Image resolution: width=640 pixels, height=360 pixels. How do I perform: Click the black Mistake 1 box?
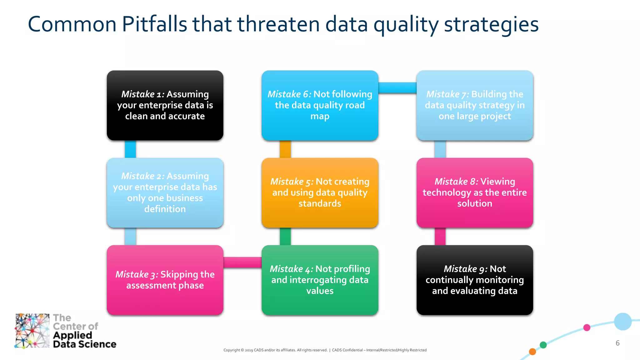[x=165, y=105]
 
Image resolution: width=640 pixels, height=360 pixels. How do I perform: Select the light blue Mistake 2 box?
[x=165, y=192]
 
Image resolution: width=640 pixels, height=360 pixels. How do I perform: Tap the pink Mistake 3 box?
[x=165, y=280]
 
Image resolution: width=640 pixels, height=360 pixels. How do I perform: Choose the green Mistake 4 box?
[x=320, y=280]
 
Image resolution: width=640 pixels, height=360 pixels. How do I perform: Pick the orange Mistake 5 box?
[x=320, y=192]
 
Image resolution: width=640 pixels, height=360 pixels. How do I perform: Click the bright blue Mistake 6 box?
[x=320, y=105]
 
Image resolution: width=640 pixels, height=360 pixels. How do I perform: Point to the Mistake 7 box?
[x=475, y=105]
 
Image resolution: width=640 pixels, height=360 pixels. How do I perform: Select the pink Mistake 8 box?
[x=475, y=192]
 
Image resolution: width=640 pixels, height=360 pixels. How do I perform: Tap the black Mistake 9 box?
[x=475, y=280]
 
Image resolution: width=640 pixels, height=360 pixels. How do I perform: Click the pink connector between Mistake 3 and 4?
[x=242, y=262]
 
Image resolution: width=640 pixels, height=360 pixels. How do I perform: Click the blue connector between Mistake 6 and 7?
[x=397, y=88]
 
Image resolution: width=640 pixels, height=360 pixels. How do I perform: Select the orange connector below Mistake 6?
[x=285, y=149]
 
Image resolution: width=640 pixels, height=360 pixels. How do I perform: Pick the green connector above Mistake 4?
[x=285, y=237]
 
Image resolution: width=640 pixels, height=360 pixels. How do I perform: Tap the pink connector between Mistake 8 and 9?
[x=440, y=237]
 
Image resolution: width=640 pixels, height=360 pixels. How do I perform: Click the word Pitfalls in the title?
[x=154, y=24]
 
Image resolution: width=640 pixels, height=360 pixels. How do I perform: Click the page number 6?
[x=617, y=343]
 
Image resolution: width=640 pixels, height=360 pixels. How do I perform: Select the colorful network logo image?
[x=32, y=331]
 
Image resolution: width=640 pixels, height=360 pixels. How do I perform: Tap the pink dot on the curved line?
[x=587, y=327]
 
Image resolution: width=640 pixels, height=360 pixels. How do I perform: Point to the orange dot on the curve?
[x=532, y=352]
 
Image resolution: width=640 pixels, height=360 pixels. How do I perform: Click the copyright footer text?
[x=325, y=350]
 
